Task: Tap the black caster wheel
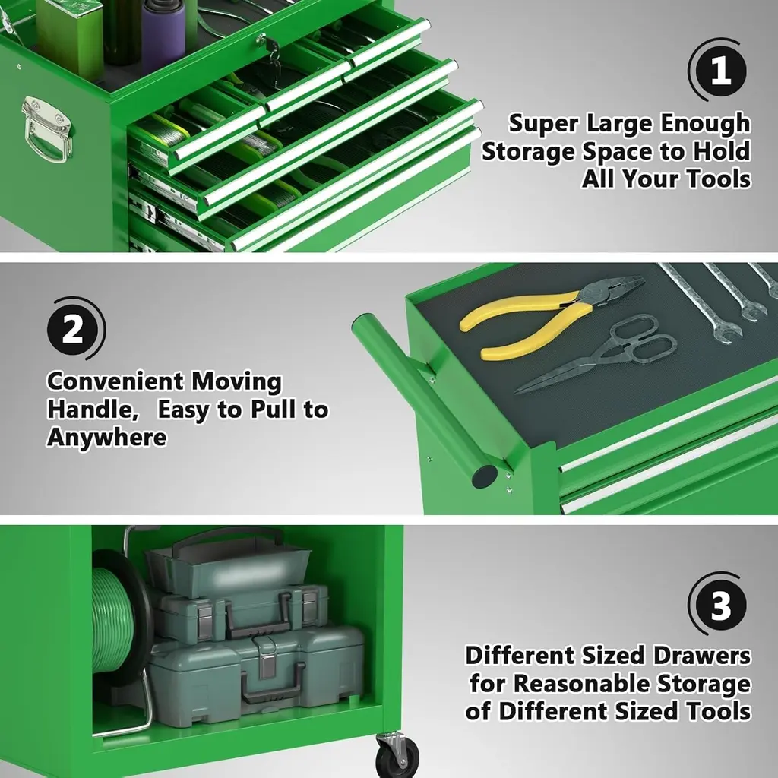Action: pos(397,757)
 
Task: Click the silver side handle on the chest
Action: pos(46,129)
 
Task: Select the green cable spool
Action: pos(119,620)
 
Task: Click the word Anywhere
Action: pos(106,438)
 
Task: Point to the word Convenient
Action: pos(115,381)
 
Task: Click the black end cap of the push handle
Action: pos(484,477)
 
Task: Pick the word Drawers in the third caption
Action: pos(701,656)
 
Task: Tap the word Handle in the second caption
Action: pos(93,410)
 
